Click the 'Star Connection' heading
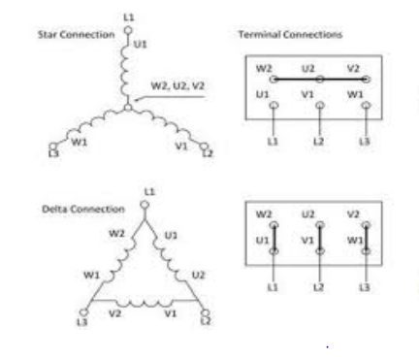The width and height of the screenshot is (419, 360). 77,35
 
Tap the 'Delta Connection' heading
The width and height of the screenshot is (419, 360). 83,209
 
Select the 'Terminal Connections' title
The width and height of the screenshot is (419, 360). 290,34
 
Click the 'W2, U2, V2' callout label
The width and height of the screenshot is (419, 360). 177,86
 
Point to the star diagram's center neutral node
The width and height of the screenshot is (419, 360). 128,108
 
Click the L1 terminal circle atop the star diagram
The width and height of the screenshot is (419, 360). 128,30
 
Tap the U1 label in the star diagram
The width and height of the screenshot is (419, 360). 140,44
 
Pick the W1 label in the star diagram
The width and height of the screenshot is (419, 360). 80,142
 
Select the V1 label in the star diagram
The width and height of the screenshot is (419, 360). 181,147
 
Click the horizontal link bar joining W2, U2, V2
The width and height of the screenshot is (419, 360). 320,79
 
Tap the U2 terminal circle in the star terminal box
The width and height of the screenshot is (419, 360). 320,79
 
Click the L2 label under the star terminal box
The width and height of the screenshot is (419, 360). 318,142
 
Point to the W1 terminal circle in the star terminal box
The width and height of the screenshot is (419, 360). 366,106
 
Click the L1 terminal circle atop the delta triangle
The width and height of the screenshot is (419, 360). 145,205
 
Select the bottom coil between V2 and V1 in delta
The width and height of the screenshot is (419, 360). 145,303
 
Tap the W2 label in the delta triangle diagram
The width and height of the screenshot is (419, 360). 116,233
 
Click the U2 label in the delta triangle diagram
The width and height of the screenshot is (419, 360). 198,276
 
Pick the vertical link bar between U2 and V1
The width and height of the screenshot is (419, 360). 320,238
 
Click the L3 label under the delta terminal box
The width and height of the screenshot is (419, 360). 365,287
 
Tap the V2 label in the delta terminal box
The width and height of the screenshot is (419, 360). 353,214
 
